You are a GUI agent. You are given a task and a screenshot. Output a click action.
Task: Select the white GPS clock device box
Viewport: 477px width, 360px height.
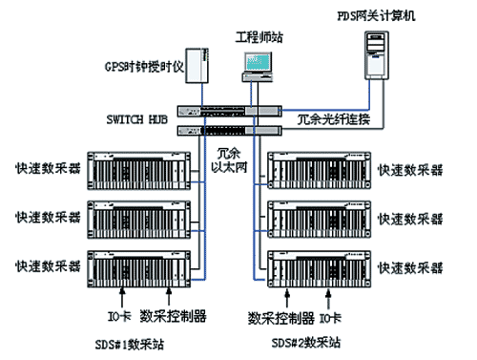[x=198, y=66]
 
